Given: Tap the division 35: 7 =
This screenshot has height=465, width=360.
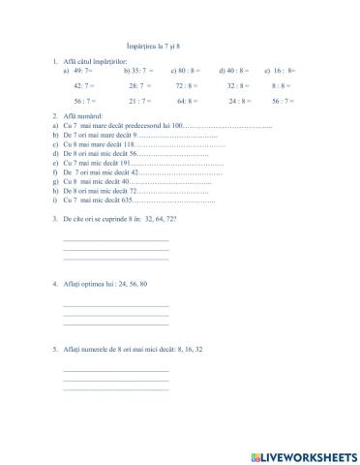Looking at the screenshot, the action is point(137,71).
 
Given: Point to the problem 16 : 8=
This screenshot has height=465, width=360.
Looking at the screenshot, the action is point(282,71).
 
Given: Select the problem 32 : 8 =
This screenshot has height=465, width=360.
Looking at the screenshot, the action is point(239,85).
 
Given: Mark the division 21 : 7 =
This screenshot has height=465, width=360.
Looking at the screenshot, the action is point(139,100).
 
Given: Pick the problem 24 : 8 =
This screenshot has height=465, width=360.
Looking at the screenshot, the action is point(239,100).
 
